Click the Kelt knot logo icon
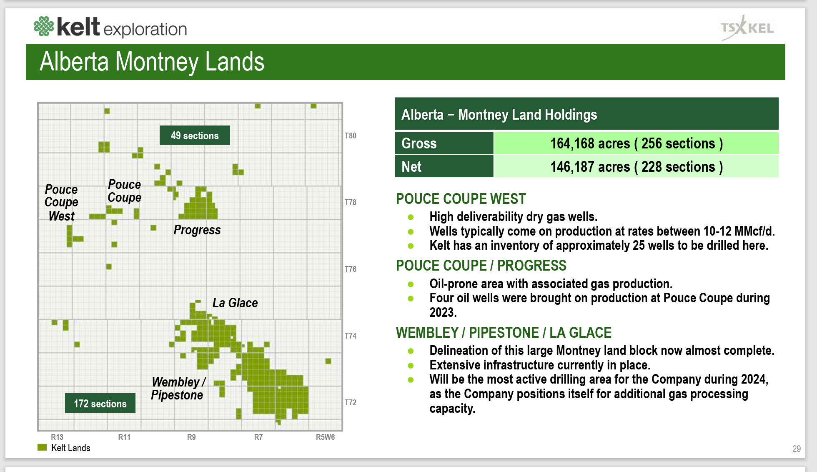click(x=44, y=26)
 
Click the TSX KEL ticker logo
click(x=747, y=28)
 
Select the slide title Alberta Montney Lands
click(x=152, y=62)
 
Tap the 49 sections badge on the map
click(x=195, y=136)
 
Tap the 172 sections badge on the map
click(x=100, y=403)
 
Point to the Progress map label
click(x=197, y=230)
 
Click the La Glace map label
click(x=235, y=303)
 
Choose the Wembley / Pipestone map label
click(x=178, y=388)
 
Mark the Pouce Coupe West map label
click(x=61, y=203)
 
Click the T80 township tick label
click(x=350, y=136)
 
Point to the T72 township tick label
click(x=350, y=402)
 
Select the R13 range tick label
click(x=57, y=437)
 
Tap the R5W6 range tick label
click(x=325, y=437)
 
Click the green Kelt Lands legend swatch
click(x=42, y=447)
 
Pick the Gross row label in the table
click(x=419, y=143)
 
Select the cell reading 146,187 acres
click(x=636, y=167)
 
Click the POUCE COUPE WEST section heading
click(x=461, y=199)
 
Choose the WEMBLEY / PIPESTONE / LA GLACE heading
click(x=504, y=333)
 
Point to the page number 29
click(x=796, y=449)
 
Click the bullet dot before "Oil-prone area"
click(x=411, y=284)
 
